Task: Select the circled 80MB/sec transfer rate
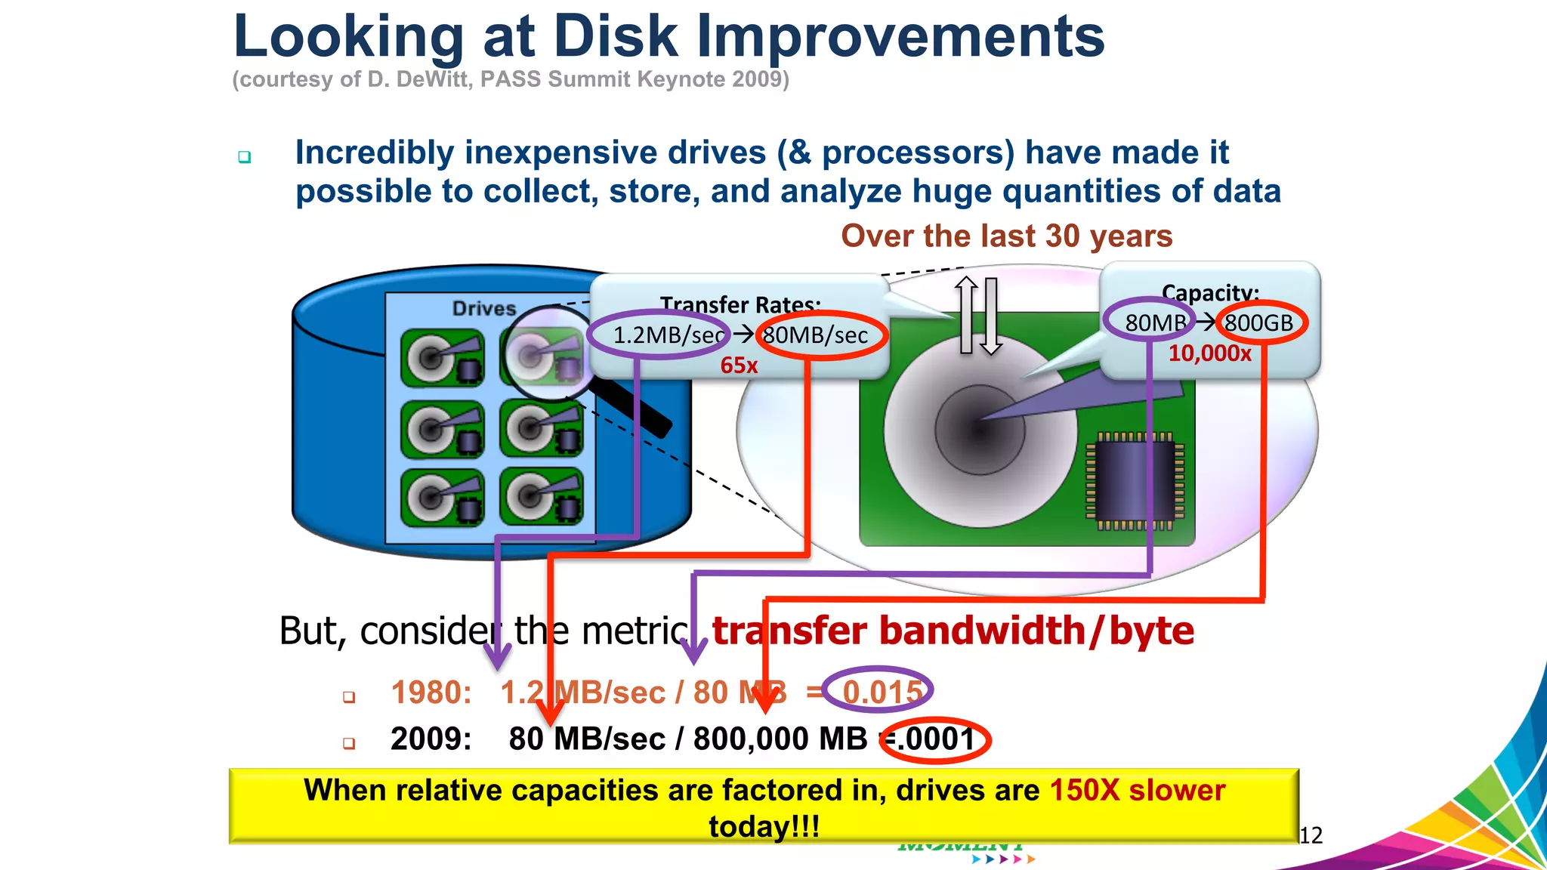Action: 816,335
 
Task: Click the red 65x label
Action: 739,366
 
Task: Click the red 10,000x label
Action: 1209,353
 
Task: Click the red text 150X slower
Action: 1137,791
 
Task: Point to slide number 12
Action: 1311,835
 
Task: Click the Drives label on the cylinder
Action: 484,308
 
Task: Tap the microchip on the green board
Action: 1135,480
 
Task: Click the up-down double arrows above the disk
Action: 979,316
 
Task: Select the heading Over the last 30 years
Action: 1006,236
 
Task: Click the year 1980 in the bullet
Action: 430,693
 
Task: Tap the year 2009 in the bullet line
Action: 430,739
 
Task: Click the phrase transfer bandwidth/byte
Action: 953,631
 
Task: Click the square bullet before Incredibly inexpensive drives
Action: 244,157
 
